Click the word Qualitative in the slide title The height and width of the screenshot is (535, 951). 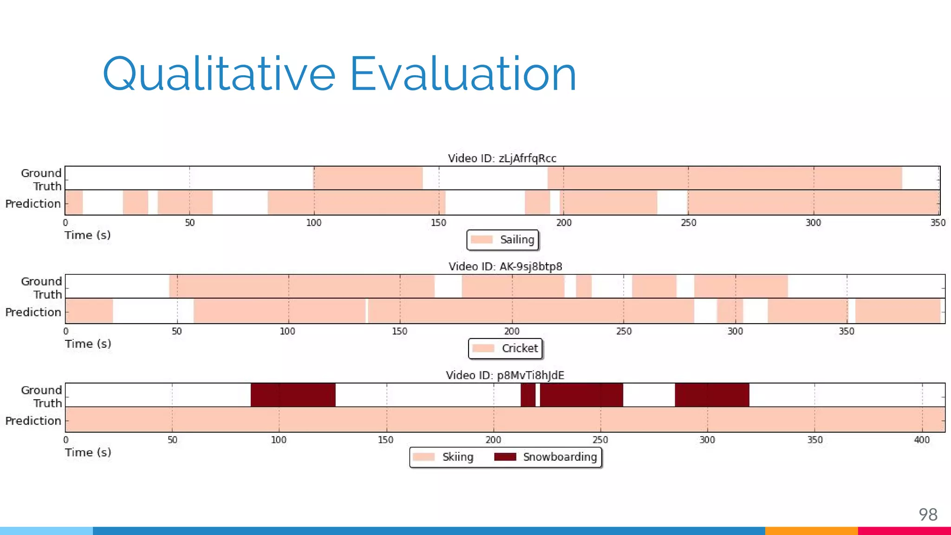[218, 74]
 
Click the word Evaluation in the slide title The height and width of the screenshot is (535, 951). [462, 74]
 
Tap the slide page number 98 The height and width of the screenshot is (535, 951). [928, 515]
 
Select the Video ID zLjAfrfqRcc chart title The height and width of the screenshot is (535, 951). [502, 158]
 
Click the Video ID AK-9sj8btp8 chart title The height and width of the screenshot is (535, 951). [505, 267]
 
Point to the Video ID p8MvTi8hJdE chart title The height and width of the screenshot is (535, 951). [505, 375]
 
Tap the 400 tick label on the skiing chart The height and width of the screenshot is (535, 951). [922, 440]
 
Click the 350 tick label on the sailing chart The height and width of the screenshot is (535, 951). [938, 223]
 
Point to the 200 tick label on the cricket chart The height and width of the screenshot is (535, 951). [512, 332]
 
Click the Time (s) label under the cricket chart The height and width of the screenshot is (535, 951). [88, 344]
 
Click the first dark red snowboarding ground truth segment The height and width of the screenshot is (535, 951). [293, 395]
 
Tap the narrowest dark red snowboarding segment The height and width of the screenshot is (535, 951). [528, 395]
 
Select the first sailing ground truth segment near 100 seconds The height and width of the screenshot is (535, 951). [368, 178]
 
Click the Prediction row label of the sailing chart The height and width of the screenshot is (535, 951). [33, 203]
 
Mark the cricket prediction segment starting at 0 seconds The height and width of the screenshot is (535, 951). [89, 311]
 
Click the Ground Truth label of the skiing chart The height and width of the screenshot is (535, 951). [41, 396]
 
